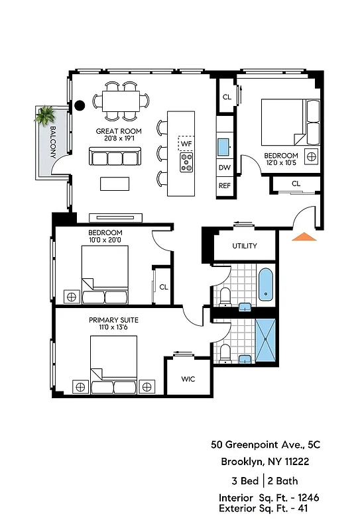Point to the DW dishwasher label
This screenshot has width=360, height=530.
coord(225,168)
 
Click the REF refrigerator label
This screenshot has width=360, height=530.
coord(225,186)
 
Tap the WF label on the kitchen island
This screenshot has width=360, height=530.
coord(186,143)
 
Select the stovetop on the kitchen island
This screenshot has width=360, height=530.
coord(186,161)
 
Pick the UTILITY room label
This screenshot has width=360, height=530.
coord(244,246)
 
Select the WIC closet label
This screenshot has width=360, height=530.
coord(188,380)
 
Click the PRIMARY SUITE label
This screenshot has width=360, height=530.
coord(113,320)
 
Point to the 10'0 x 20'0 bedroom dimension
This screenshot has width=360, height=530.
coord(105,240)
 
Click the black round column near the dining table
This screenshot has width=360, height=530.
coord(80,104)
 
